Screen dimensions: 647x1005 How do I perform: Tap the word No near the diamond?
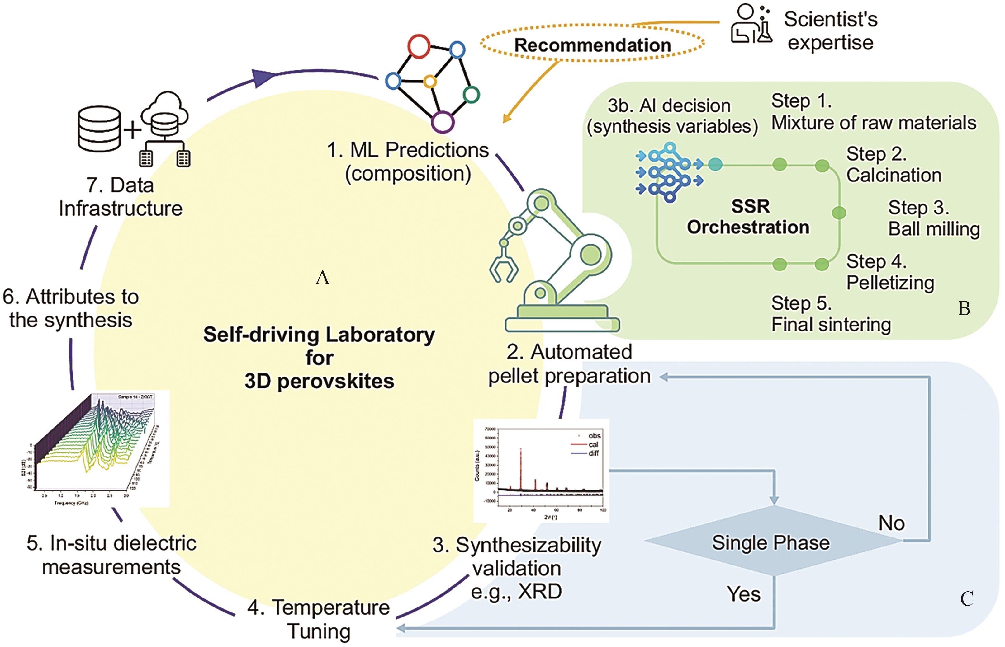pos(891,523)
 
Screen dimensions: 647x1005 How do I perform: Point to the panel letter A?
pos(322,277)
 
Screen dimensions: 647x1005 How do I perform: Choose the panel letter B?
pos(963,309)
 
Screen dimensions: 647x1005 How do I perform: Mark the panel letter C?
pos(966,599)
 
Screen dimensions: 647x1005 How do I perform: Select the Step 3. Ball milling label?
pos(933,218)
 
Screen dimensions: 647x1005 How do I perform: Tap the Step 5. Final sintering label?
pos(831,314)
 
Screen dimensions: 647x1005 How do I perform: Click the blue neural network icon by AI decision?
pos(668,172)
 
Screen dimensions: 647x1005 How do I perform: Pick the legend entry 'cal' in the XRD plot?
pos(593,444)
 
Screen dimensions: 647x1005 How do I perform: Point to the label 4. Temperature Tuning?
pos(319,619)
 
